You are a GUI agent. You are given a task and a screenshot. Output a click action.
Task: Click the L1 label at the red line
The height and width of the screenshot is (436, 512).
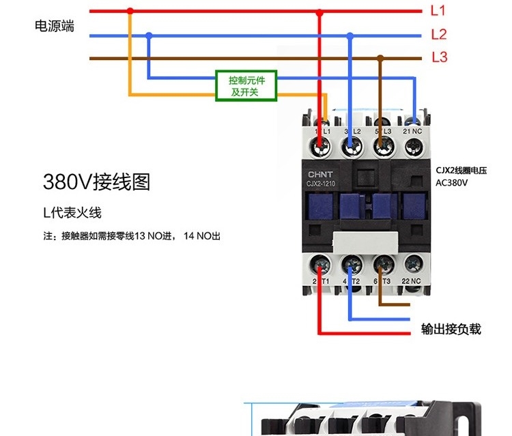438,11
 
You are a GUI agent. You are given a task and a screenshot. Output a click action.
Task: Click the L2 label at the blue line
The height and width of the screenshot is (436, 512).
438,34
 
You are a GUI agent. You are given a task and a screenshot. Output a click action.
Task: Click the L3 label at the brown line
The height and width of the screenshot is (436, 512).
439,57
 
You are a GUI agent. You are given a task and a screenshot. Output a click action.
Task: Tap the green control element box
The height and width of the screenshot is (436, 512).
245,86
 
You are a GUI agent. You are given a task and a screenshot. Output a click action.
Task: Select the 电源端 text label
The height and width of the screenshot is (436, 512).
55,27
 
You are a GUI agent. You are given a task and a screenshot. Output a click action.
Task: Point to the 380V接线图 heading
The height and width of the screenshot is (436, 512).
96,182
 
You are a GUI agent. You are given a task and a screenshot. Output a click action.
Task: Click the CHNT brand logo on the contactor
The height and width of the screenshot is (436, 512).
321,175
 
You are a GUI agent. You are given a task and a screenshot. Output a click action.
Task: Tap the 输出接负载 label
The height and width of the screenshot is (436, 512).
451,329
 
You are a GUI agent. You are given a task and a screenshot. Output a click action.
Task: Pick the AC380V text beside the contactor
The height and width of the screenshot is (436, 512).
451,183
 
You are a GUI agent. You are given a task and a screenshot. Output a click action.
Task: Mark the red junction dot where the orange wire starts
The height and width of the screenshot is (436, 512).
130,11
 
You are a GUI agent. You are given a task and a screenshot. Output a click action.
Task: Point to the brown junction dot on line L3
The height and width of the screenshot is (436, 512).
381,58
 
